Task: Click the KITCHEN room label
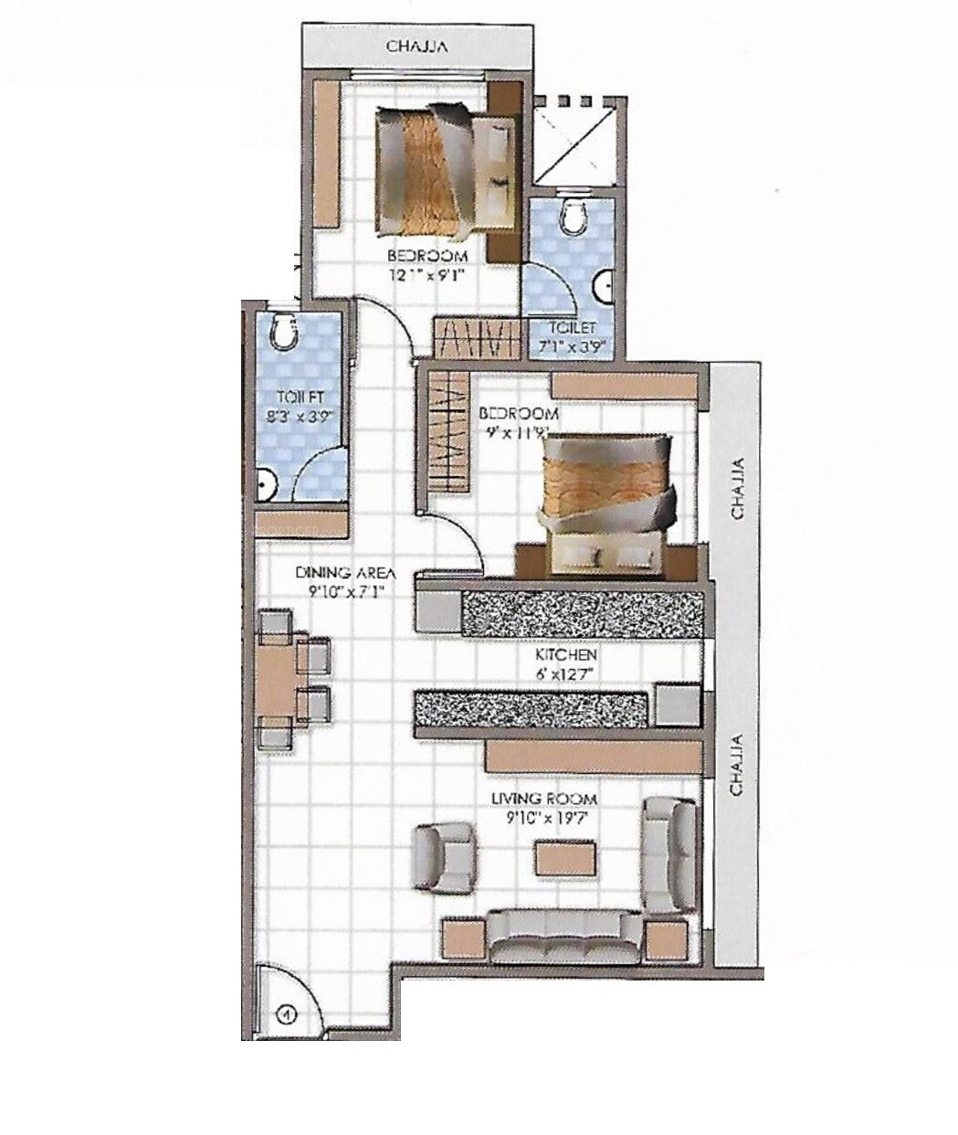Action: click(x=565, y=655)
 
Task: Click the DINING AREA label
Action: click(x=345, y=573)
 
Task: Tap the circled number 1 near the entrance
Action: click(x=286, y=1013)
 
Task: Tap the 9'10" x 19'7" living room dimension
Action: click(x=543, y=817)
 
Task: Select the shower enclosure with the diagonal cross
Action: click(x=574, y=140)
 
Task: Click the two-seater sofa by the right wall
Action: click(x=669, y=854)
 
